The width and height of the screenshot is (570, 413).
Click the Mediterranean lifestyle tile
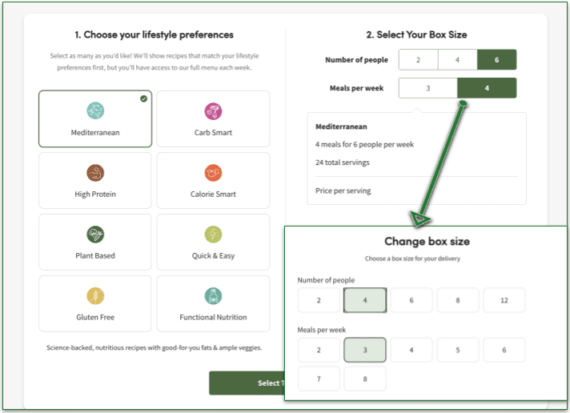tap(94, 118)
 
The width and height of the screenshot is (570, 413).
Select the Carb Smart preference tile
tap(213, 118)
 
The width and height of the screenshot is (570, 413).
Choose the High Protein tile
tap(94, 180)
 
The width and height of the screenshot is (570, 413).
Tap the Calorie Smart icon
tap(213, 172)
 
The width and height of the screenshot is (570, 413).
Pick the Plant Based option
tap(94, 242)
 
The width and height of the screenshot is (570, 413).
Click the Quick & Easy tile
tap(213, 242)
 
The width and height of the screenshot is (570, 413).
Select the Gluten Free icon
tap(94, 296)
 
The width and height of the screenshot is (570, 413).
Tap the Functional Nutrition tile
tap(213, 303)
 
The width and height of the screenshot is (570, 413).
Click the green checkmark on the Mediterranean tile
tap(143, 98)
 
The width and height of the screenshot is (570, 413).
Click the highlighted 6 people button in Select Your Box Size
tap(496, 60)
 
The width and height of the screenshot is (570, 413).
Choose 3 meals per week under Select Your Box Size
tap(427, 88)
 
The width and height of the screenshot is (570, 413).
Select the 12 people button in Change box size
tap(504, 300)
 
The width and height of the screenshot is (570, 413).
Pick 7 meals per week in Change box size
tap(319, 378)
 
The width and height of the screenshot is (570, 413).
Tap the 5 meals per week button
tap(458, 350)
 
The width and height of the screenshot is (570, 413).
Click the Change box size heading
tap(427, 241)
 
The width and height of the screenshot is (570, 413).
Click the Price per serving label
tap(343, 190)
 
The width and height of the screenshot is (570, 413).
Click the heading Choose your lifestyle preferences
tap(154, 34)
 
